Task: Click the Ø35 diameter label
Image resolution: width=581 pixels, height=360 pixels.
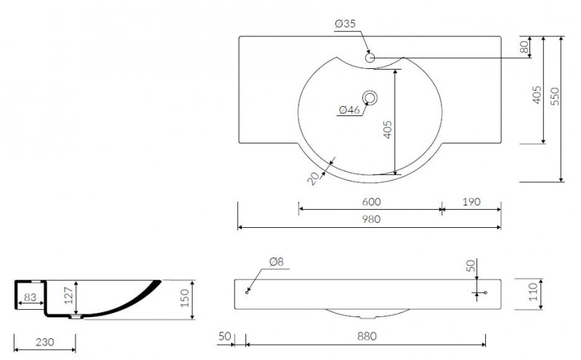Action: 345,24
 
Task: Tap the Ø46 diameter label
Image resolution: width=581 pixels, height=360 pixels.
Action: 349,110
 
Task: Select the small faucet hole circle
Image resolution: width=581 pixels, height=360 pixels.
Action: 370,58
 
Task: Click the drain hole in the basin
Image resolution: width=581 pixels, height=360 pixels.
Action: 370,98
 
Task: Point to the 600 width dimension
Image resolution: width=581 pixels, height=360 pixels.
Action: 371,202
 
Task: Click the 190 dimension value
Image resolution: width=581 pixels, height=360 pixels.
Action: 471,202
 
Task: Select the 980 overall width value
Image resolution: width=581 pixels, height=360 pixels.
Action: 371,219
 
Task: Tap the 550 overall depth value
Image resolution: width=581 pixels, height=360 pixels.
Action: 555,97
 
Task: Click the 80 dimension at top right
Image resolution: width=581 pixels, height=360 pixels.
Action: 524,47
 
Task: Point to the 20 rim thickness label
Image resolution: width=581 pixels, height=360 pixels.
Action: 314,178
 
